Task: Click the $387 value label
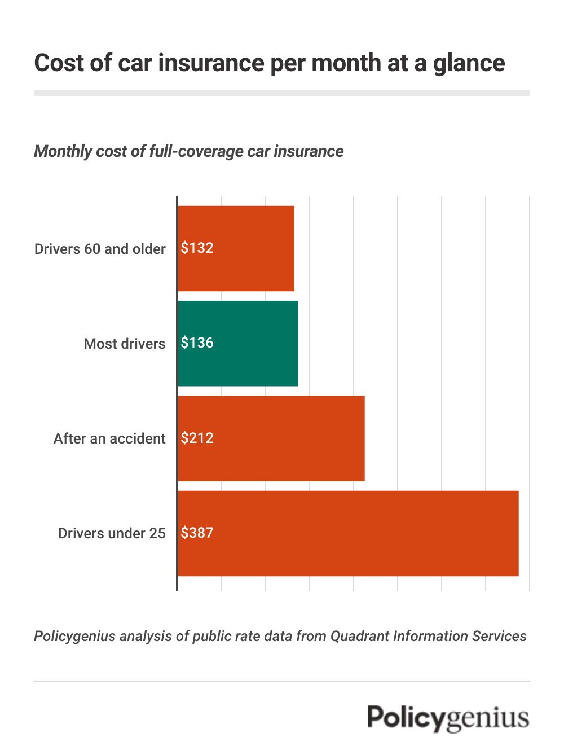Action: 197,533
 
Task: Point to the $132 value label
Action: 197,248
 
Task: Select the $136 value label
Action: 197,343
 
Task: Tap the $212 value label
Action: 197,438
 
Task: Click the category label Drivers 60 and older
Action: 100,249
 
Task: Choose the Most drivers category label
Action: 125,344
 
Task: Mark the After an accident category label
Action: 109,438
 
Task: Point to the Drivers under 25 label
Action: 112,533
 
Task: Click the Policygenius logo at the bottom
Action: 448,718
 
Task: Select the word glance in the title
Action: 469,63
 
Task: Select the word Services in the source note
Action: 499,636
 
